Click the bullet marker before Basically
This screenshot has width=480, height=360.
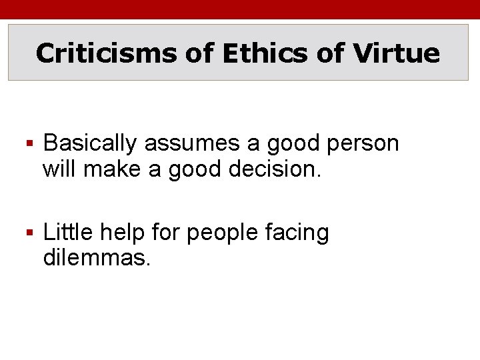[31, 143]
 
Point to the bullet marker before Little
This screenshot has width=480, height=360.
[31, 233]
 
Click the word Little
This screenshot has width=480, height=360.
[69, 233]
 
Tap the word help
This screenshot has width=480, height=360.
[123, 233]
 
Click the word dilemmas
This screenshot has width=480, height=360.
[97, 257]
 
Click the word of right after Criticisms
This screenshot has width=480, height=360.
[199, 53]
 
